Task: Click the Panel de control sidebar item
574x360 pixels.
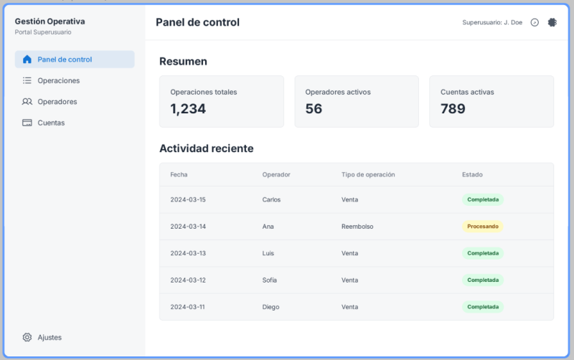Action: (x=74, y=60)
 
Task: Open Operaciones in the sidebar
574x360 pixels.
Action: (x=58, y=80)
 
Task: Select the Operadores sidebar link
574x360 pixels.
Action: (x=57, y=102)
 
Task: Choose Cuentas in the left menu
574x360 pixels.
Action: (x=51, y=123)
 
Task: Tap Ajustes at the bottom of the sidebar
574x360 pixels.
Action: (x=49, y=337)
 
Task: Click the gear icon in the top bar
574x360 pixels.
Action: (x=552, y=22)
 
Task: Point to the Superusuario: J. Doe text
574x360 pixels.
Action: (x=492, y=22)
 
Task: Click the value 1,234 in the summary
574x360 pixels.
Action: (x=188, y=109)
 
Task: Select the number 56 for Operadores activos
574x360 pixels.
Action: (x=314, y=109)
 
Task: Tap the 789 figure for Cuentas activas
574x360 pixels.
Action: (x=453, y=109)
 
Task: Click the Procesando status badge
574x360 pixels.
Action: (x=482, y=227)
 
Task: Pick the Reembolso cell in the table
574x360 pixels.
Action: (x=357, y=227)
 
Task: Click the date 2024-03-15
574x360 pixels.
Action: (x=188, y=199)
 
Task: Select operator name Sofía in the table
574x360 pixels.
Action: (x=270, y=280)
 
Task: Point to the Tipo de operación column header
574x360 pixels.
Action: (x=368, y=174)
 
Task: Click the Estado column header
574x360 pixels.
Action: (x=472, y=174)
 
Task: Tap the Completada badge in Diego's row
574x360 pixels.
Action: (x=482, y=307)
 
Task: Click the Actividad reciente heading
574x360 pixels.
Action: (x=206, y=148)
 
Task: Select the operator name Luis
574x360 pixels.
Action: (x=269, y=253)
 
